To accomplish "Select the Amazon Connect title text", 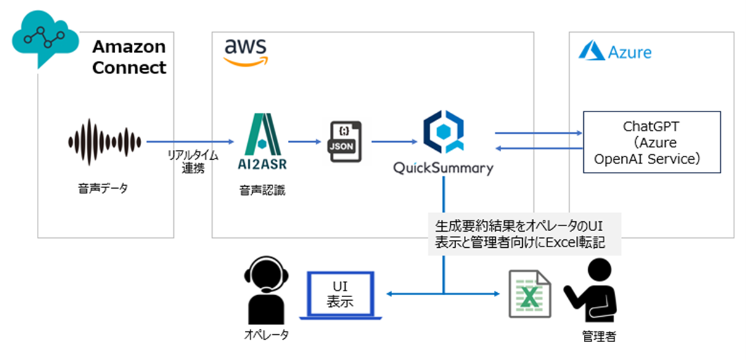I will coord(129,57).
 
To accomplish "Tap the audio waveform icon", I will coord(104,142).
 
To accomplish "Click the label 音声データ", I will coord(104,189).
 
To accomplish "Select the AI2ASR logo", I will coord(260,142).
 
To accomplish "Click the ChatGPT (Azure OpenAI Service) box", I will coord(652,142).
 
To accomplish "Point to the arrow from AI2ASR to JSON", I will coord(306,142).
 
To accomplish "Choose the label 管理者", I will coord(598,337).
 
